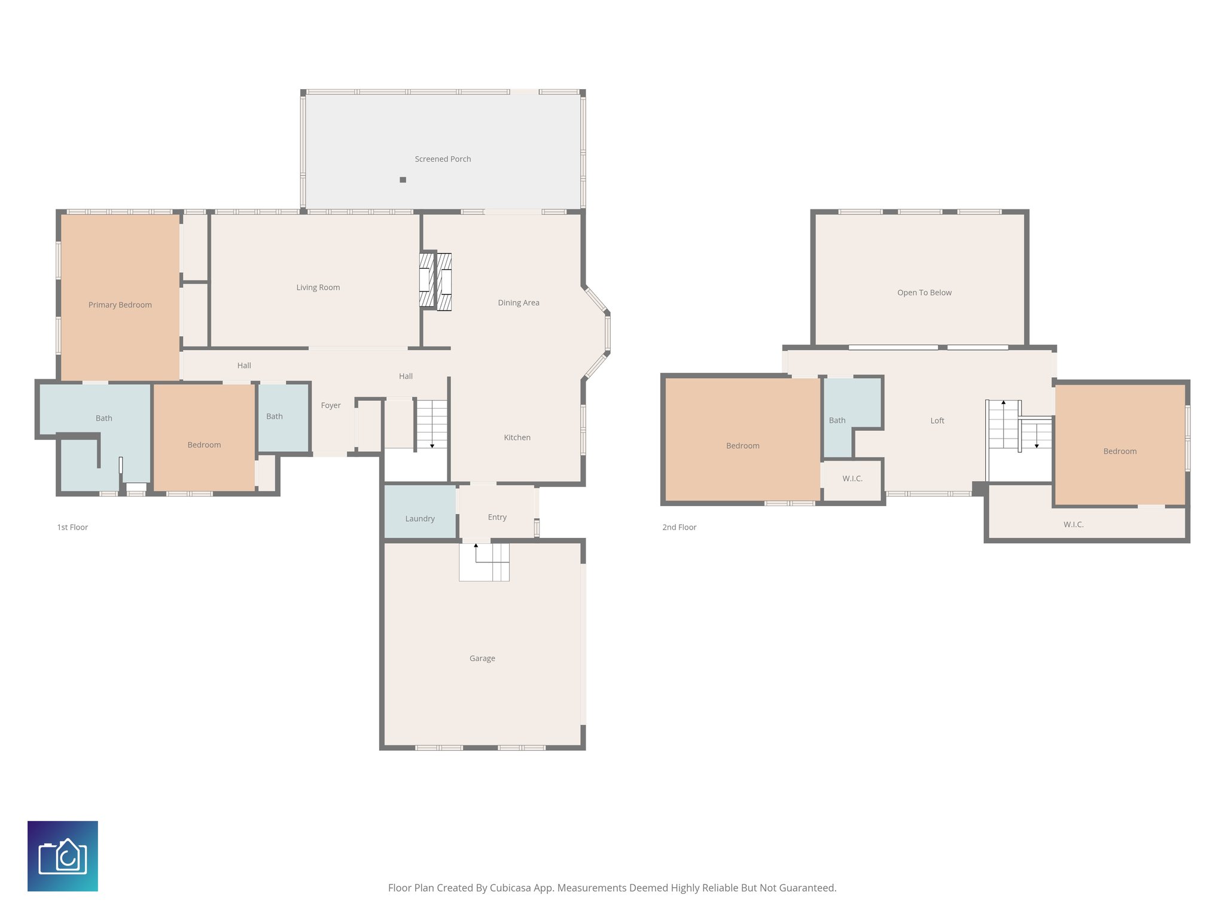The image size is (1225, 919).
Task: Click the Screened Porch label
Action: point(443,159)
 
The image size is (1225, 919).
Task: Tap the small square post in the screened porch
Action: point(403,179)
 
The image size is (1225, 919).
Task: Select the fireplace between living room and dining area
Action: point(435,281)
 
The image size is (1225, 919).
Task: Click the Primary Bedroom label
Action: point(120,305)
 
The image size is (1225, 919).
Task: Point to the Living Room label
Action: point(318,288)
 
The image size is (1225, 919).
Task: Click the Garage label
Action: point(482,659)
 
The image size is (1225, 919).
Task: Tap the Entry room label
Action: point(497,518)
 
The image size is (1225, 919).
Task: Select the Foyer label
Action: point(331,406)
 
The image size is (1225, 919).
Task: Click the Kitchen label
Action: point(517,438)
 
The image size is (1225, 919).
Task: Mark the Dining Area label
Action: point(519,303)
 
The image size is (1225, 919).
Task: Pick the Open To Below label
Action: point(924,293)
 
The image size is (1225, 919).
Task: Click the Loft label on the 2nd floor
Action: point(937,421)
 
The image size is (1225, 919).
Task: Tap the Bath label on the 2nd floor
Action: point(837,421)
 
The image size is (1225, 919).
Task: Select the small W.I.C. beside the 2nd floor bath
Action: point(852,479)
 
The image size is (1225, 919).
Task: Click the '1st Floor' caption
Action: point(72,527)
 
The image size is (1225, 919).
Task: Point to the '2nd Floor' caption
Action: point(679,527)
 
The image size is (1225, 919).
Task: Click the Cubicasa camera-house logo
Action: point(63,856)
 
